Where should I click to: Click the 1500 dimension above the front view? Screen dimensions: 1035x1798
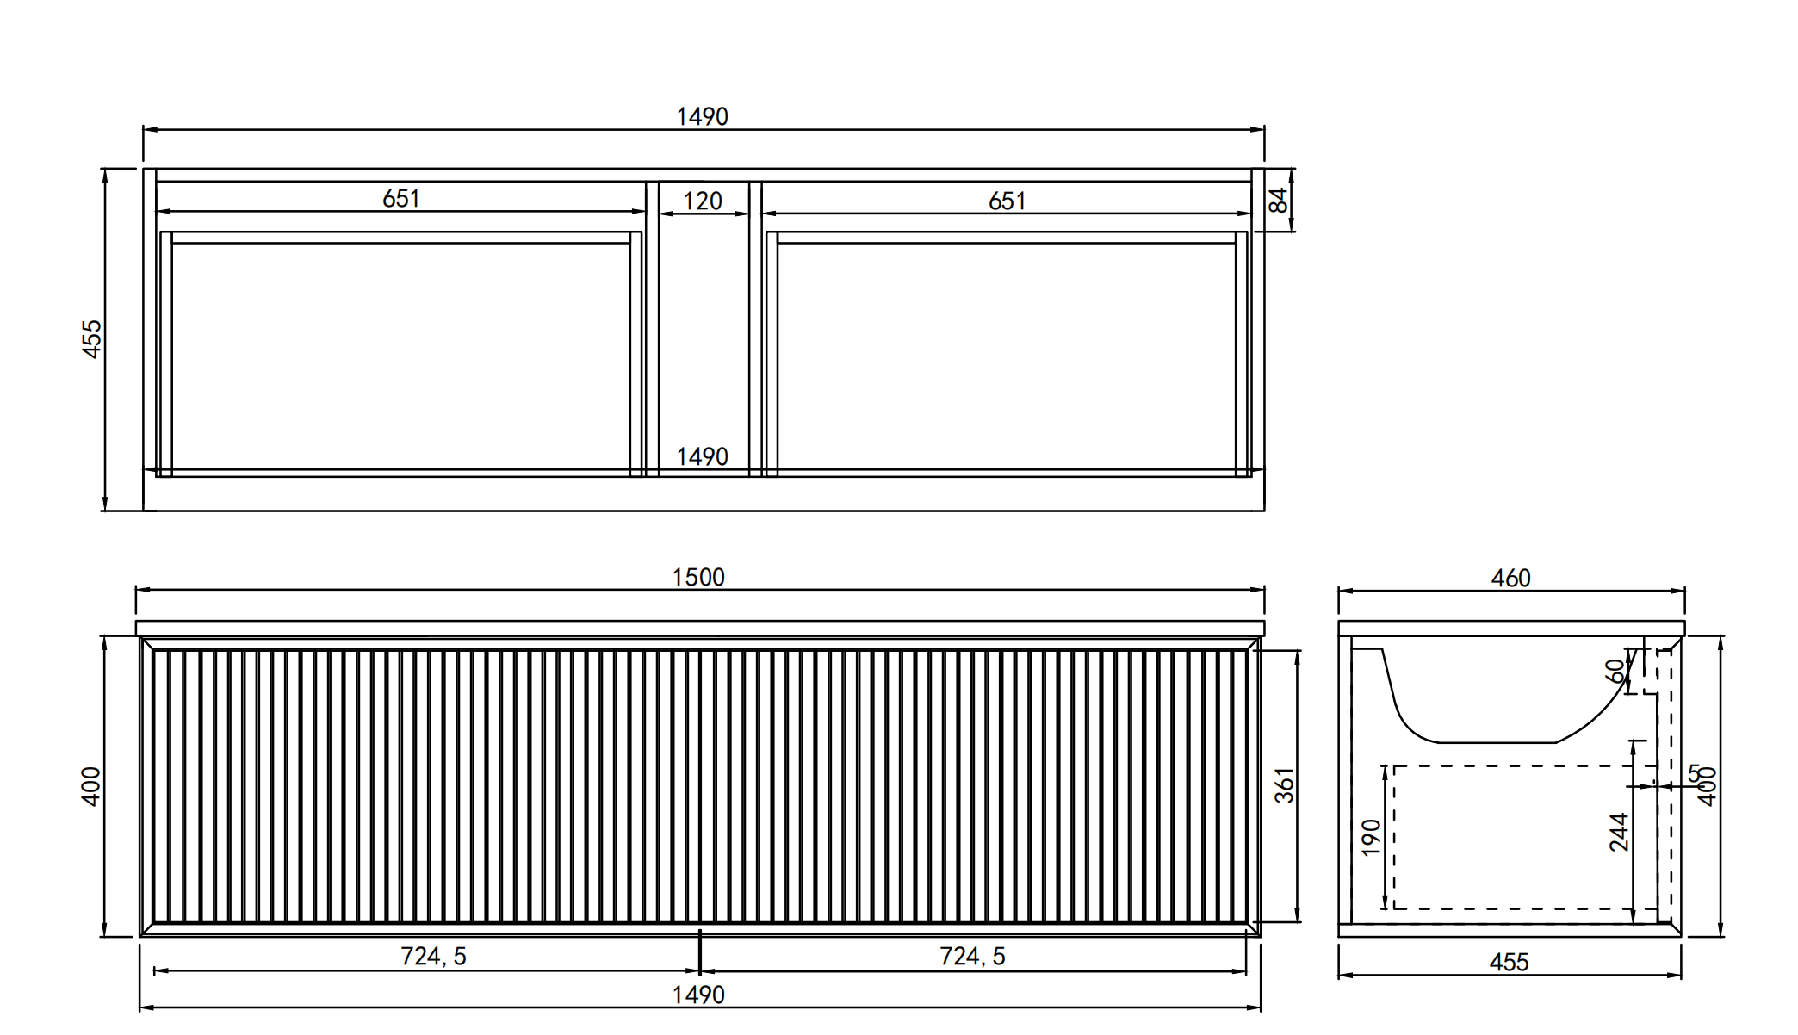coord(698,577)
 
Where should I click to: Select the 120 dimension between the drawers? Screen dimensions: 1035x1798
coord(703,201)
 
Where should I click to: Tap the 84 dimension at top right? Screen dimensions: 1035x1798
coord(1279,201)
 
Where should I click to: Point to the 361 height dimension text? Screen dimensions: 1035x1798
coord(1284,785)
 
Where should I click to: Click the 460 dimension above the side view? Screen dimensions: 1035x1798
coord(1511,578)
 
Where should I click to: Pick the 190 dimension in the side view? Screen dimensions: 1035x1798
coord(1372,837)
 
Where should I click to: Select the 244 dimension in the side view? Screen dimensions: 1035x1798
coord(1619,832)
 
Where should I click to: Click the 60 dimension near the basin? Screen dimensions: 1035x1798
coord(1615,670)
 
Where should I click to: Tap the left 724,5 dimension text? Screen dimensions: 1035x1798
coord(433,956)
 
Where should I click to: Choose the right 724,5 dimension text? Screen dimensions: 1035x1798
coord(972,956)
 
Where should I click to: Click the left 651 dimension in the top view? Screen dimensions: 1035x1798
coord(401,199)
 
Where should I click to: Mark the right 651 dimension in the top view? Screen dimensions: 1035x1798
coord(1008,201)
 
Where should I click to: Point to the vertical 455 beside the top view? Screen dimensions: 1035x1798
coord(91,339)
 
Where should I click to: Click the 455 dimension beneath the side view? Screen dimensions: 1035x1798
coord(1510,962)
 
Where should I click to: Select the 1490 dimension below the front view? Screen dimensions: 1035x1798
coord(698,995)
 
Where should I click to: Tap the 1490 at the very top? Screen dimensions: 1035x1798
coord(703,116)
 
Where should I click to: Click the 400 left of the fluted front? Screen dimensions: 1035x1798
coord(91,786)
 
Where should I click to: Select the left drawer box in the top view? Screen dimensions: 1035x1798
coord(401,353)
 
